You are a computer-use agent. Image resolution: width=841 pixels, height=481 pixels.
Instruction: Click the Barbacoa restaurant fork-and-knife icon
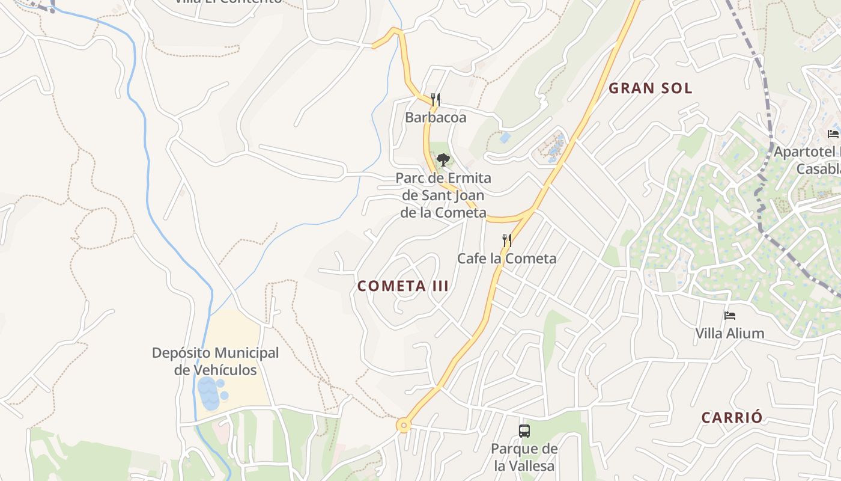click(x=436, y=100)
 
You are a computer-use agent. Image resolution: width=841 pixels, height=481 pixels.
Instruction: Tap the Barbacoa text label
click(x=436, y=117)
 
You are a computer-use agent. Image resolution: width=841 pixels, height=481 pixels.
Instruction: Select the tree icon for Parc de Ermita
click(x=443, y=160)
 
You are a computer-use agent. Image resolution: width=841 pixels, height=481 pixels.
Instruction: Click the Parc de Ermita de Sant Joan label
click(x=443, y=195)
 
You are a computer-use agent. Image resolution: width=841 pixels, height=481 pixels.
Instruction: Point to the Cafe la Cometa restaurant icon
click(x=507, y=240)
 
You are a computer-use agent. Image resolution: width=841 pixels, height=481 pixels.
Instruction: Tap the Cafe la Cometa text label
click(x=507, y=259)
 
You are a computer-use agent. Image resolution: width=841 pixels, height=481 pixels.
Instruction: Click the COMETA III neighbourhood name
click(x=403, y=286)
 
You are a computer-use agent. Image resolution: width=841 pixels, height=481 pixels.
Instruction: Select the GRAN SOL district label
click(x=651, y=88)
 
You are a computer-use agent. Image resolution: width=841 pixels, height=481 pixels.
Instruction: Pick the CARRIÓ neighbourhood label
click(x=732, y=417)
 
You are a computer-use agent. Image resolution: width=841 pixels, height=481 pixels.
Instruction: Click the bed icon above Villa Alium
click(x=730, y=315)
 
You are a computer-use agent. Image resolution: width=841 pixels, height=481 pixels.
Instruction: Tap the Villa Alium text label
click(x=730, y=333)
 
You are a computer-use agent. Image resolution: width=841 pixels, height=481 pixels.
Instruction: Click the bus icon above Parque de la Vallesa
click(x=524, y=430)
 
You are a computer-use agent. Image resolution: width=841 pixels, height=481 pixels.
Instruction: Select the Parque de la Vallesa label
click(x=524, y=457)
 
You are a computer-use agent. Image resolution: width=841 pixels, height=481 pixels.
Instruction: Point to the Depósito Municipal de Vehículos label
click(x=216, y=361)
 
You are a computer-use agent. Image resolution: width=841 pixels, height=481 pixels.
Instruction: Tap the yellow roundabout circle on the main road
click(x=404, y=426)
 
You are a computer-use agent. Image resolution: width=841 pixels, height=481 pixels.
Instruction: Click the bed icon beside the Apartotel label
click(x=833, y=133)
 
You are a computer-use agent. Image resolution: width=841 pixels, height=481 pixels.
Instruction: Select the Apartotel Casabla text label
click(x=807, y=160)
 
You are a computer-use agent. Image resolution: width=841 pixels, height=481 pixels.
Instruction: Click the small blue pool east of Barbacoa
click(x=505, y=138)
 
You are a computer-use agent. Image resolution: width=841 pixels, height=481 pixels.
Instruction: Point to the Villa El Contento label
click(x=228, y=2)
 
